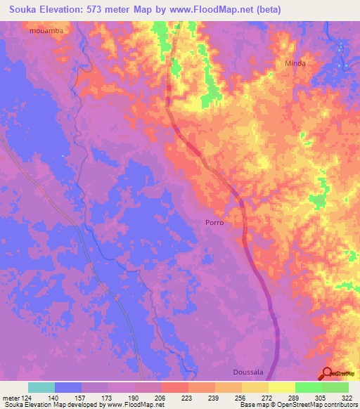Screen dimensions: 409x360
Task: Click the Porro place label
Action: [x=214, y=222]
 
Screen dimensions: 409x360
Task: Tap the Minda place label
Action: [x=295, y=63]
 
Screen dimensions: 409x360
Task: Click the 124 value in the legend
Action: [x=27, y=398]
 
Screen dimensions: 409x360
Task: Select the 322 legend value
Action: [x=348, y=398]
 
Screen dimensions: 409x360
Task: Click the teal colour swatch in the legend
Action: [x=41, y=387]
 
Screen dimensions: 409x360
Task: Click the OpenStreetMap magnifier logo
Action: [x=328, y=375]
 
